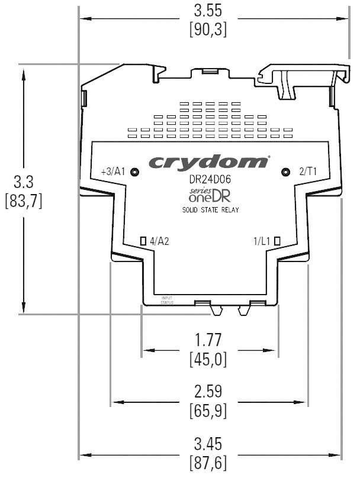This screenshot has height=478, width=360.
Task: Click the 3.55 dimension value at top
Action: pyautogui.click(x=207, y=11)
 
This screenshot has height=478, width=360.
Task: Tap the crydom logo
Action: pyautogui.click(x=208, y=162)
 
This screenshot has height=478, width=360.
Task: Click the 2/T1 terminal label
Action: pyautogui.click(x=307, y=172)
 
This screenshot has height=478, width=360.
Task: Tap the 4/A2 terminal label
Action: pyautogui.click(x=160, y=241)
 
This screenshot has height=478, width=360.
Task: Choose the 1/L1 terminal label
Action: pyautogui.click(x=261, y=241)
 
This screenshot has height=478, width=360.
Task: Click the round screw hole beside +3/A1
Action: pyautogui.click(x=135, y=172)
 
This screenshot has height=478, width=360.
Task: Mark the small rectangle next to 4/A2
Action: pyautogui.click(x=143, y=241)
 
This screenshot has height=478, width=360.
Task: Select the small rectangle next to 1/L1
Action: pyautogui.click(x=277, y=241)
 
